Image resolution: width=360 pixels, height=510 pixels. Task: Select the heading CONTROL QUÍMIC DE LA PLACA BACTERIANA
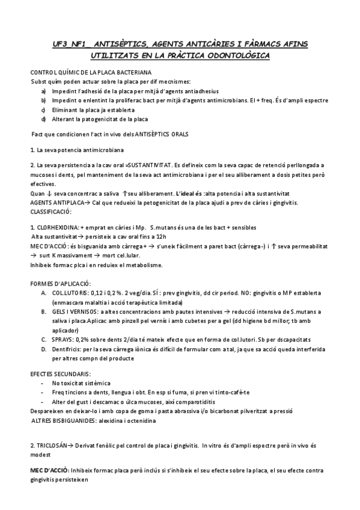coord(75,72)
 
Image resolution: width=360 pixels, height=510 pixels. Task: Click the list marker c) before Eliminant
coord(44,110)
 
